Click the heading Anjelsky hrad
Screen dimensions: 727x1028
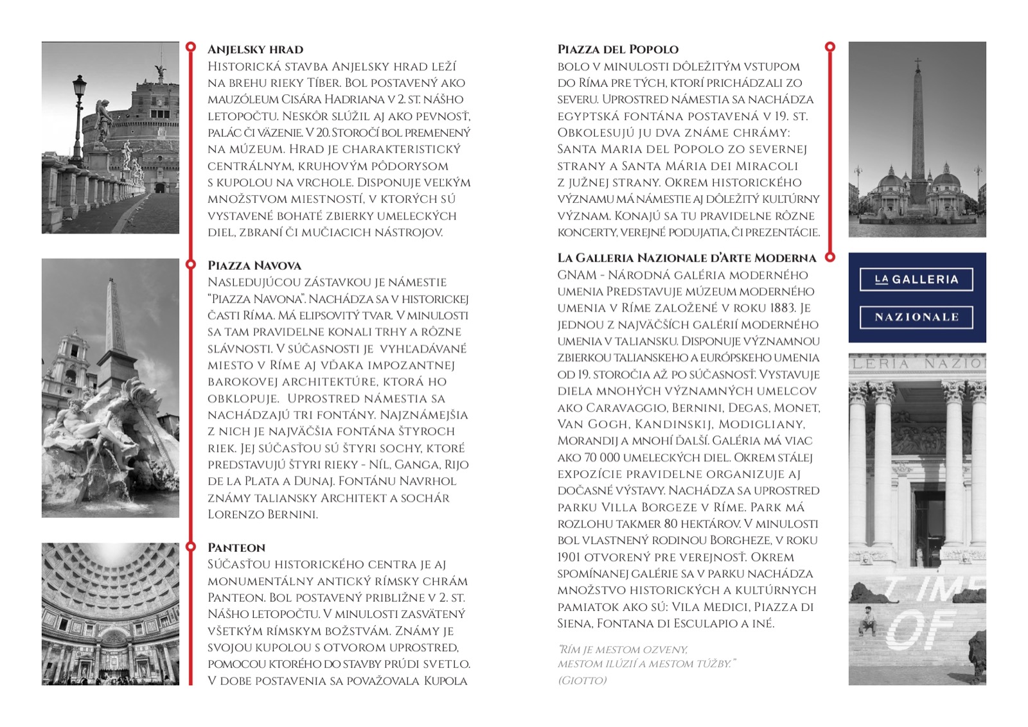point(255,49)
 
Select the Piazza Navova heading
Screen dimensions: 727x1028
point(254,265)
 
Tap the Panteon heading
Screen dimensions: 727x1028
point(236,548)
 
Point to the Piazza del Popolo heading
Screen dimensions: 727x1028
point(617,49)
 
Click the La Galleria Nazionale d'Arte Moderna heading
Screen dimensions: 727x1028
point(686,258)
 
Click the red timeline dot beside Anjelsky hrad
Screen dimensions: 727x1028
point(191,47)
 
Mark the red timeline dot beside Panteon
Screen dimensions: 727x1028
point(191,547)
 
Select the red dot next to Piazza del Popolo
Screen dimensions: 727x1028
point(830,47)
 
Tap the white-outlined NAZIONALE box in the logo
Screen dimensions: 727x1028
point(916,317)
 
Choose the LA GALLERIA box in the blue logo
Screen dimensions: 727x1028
point(916,280)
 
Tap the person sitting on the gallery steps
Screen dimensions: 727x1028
point(869,620)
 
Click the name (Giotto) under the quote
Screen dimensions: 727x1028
point(582,681)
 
